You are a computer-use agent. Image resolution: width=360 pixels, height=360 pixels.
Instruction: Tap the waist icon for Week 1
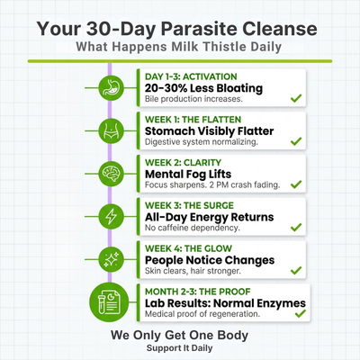pos(109,131)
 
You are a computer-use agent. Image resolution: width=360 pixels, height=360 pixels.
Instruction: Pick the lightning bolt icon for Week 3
pos(109,217)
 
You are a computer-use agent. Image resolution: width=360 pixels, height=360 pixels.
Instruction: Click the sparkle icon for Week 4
pos(109,259)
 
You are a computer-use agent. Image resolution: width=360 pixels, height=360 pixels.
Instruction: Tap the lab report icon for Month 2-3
pos(109,302)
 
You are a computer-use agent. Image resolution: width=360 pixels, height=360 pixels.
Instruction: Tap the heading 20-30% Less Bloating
pos(203,87)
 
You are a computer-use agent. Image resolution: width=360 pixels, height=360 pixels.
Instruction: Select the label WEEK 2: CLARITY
pos(185,162)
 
